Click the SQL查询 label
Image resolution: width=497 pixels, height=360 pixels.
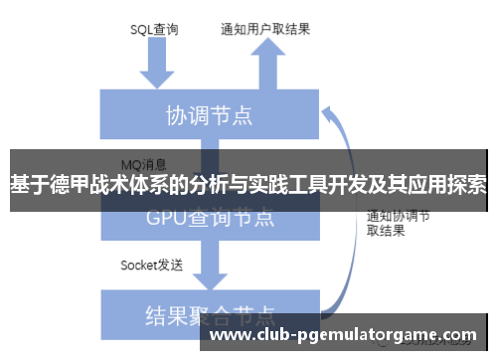click(x=154, y=29)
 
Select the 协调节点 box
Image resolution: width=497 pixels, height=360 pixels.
click(x=208, y=115)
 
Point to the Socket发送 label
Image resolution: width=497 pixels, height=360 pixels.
click(x=151, y=265)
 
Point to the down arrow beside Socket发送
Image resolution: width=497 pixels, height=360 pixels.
click(x=210, y=263)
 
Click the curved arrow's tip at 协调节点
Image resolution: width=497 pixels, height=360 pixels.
click(x=332, y=111)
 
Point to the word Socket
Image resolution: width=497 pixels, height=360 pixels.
click(x=139, y=265)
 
